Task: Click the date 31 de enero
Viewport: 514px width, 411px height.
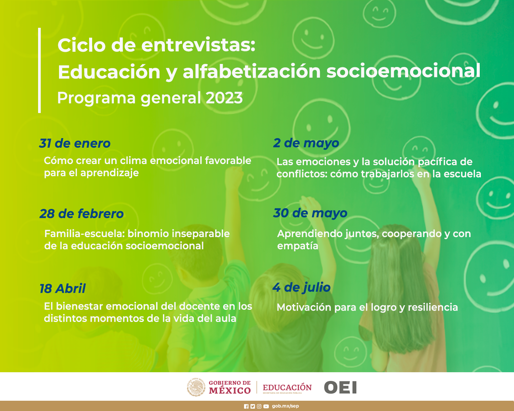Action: [x=75, y=143]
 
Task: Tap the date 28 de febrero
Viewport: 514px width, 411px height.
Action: [x=81, y=213]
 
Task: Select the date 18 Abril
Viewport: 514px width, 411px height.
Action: [x=62, y=288]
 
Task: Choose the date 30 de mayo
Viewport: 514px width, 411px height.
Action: [x=310, y=213]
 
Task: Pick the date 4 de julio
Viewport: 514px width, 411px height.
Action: [x=302, y=287]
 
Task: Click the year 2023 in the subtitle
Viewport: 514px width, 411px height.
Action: [x=224, y=98]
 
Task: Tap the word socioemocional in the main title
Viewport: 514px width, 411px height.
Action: [x=404, y=71]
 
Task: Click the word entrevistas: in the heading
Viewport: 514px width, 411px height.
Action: [x=198, y=45]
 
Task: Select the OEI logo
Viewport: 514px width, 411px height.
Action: [x=340, y=387]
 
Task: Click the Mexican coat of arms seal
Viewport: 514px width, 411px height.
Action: [x=196, y=387]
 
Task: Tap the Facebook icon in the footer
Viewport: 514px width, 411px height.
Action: [x=246, y=406]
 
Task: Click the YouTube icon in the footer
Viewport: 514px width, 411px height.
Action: [x=266, y=406]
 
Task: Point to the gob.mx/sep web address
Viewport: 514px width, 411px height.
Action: [x=285, y=406]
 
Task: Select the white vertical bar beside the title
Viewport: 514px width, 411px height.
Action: [x=40, y=70]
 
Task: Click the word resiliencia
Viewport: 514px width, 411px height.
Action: [x=433, y=307]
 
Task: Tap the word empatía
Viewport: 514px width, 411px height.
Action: [x=298, y=246]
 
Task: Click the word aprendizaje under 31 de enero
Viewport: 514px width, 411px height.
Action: [x=109, y=173]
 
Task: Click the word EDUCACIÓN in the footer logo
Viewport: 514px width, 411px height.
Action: [x=287, y=387]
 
